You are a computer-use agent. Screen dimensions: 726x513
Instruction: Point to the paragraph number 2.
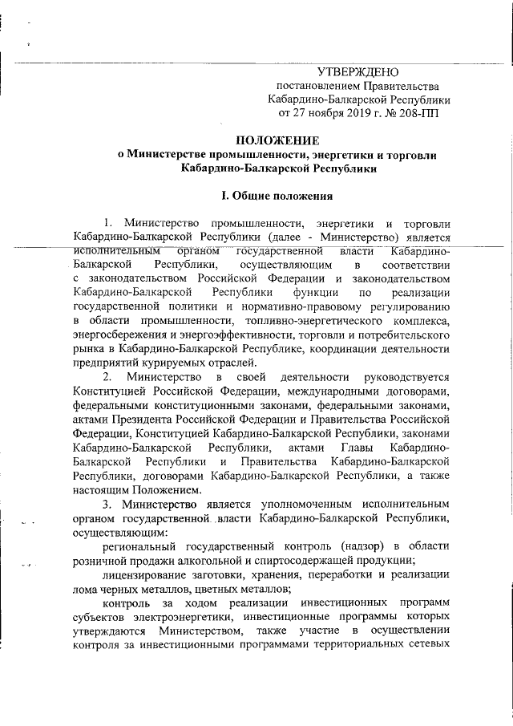pos(107,378)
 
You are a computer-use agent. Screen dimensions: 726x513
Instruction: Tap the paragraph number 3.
pos(107,504)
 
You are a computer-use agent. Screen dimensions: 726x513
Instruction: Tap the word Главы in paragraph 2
pos(355,448)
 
